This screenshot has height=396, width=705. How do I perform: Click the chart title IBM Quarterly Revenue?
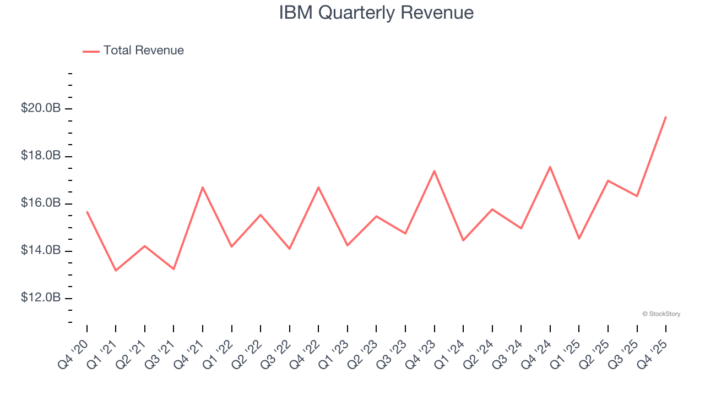(x=376, y=13)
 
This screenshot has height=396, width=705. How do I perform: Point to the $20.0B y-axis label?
(x=41, y=108)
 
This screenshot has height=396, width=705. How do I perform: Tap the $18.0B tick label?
(x=41, y=156)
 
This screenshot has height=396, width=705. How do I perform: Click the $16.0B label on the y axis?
(x=41, y=204)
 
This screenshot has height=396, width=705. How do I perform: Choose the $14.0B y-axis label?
(x=41, y=251)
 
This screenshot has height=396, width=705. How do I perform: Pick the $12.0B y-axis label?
(x=41, y=298)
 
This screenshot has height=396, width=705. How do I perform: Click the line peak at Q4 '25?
(x=665, y=117)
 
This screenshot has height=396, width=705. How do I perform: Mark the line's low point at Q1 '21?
(x=116, y=271)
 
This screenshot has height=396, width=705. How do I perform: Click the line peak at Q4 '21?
(x=203, y=187)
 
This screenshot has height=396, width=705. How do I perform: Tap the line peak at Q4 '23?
(x=434, y=171)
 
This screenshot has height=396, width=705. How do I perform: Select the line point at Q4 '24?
(x=550, y=167)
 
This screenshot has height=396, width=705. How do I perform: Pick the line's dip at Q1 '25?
(x=579, y=239)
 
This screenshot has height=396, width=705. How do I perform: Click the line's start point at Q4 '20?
(x=87, y=211)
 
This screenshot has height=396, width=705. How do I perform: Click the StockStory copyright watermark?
(x=661, y=314)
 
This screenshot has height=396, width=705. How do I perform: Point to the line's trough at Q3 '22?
(x=289, y=249)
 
